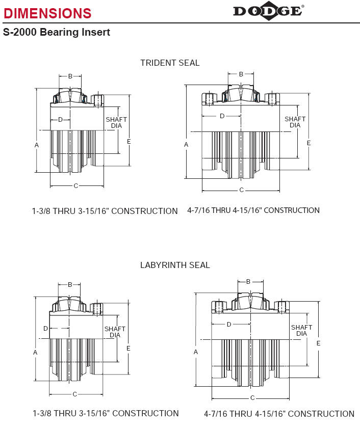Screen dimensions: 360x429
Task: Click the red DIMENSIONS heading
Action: (47, 13)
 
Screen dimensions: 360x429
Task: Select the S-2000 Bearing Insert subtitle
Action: (57, 32)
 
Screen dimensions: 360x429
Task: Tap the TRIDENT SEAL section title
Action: (170, 63)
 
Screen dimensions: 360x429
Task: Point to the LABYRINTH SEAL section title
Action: (175, 265)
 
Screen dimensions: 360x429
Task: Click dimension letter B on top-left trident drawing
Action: (70, 76)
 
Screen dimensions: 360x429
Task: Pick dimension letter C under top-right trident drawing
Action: (241, 190)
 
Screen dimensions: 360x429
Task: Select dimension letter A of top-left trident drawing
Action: (37, 145)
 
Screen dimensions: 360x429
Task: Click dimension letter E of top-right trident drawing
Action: (309, 143)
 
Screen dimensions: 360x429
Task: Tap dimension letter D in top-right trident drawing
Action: (222, 116)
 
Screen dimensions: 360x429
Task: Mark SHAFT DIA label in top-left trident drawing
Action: (116, 123)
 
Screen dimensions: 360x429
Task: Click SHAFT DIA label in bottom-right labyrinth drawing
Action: (301, 331)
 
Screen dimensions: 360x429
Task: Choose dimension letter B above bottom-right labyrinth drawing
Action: (248, 282)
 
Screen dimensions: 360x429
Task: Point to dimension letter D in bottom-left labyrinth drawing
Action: (46, 328)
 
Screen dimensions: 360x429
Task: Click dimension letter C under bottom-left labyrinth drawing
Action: (75, 394)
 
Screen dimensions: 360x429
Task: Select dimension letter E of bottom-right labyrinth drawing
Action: (318, 343)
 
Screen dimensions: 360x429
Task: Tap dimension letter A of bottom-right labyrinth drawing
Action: (195, 352)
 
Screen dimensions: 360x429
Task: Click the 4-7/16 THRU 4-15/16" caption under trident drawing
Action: (253, 210)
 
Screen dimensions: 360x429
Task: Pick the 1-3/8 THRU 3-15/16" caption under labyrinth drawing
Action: (106, 413)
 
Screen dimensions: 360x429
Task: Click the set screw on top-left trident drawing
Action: (98, 101)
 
